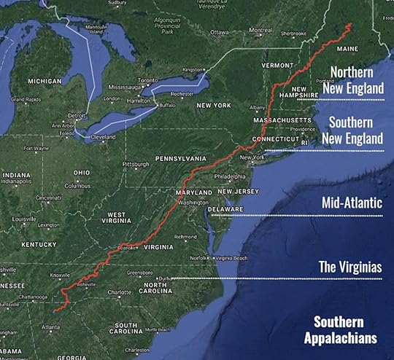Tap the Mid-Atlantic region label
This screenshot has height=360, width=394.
point(352,203)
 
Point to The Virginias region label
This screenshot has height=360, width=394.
point(350,267)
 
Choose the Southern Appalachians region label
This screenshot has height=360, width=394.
point(345,329)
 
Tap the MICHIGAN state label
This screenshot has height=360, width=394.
point(45,82)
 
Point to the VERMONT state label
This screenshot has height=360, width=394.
point(277,65)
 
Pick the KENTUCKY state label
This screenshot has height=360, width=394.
point(39,244)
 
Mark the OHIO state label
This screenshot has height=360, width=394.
point(82,173)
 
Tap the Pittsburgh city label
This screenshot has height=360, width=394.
point(136,165)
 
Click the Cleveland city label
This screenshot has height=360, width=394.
point(103,137)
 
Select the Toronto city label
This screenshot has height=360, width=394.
point(148,79)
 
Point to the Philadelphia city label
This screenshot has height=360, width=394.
point(231,176)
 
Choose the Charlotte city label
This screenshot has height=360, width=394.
point(119,292)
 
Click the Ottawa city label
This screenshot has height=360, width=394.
point(220,32)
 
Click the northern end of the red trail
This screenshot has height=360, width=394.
point(349,25)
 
